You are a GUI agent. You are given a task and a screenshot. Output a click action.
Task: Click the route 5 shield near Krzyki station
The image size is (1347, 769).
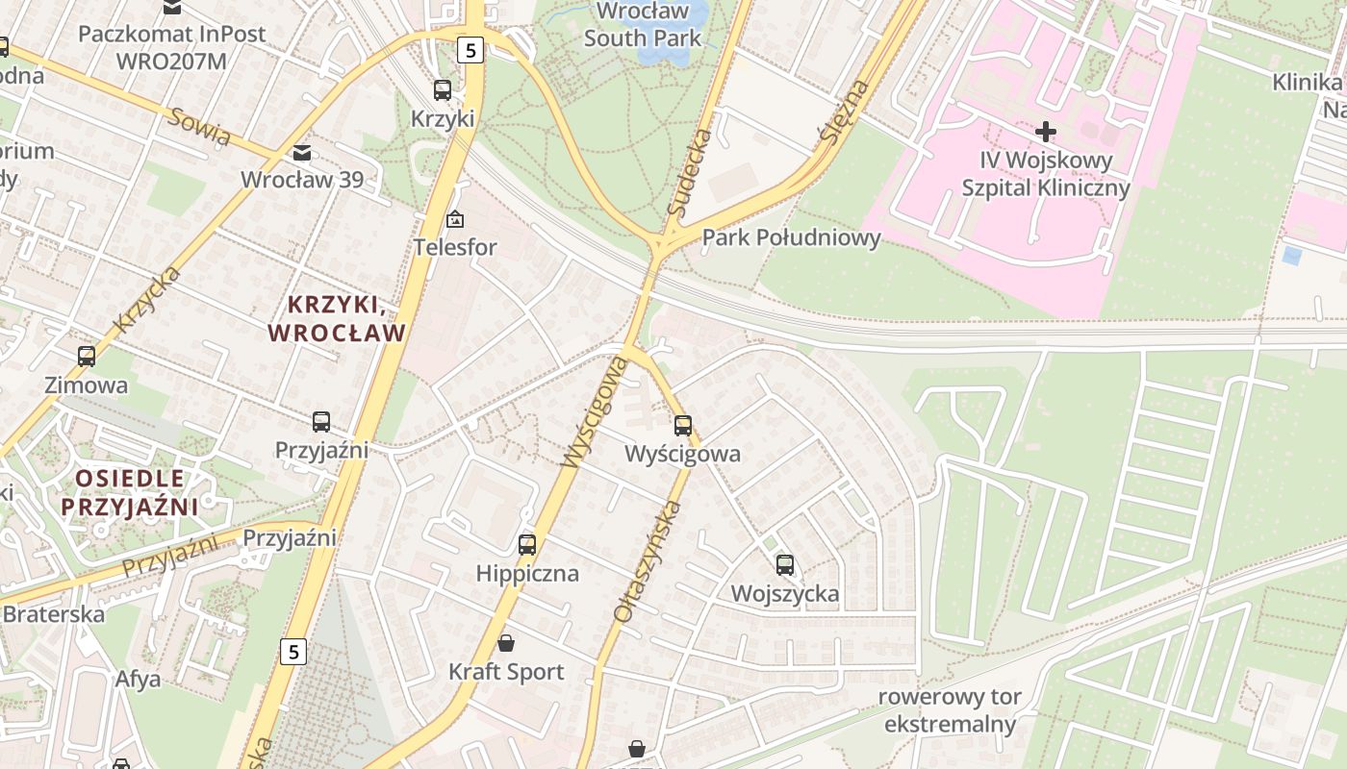[470, 49]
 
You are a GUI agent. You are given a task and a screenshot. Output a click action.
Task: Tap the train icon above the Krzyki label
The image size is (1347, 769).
[443, 90]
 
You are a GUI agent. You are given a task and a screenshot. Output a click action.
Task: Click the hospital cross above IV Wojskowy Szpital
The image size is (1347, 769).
[1046, 131]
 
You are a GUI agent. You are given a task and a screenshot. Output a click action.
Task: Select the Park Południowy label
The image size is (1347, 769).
[791, 237]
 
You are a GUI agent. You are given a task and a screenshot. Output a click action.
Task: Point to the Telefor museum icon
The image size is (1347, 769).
[455, 220]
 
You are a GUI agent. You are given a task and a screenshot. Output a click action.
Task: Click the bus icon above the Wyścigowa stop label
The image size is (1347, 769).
[683, 425]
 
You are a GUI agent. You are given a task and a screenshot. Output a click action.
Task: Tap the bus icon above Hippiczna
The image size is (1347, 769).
[527, 545]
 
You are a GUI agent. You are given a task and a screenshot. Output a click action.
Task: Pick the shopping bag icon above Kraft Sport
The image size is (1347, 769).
[506, 643]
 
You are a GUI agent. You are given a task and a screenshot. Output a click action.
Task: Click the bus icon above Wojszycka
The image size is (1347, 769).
[785, 565]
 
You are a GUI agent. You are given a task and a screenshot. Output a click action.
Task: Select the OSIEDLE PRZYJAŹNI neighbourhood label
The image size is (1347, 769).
[129, 492]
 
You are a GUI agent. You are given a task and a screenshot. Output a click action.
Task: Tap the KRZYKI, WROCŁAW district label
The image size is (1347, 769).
[337, 319]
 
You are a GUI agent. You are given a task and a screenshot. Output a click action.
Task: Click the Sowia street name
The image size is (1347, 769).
[200, 127]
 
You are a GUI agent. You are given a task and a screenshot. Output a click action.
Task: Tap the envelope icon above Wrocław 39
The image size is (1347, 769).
[302, 153]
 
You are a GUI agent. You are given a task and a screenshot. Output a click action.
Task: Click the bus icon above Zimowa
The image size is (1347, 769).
[87, 357]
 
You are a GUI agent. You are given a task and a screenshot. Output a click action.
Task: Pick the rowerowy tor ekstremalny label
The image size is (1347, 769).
[951, 710]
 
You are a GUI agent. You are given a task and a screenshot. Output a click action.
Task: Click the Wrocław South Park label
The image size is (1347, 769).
[643, 25]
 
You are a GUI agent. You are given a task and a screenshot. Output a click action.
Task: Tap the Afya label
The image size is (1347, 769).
[138, 679]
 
